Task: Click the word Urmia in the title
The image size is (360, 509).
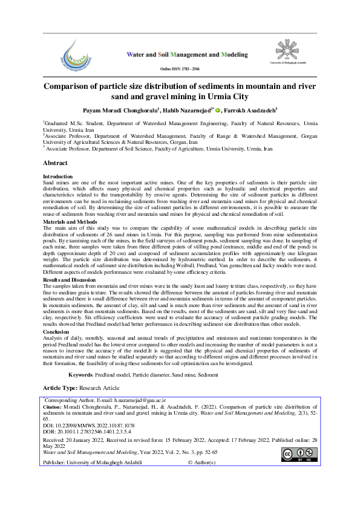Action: click(x=215, y=96)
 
